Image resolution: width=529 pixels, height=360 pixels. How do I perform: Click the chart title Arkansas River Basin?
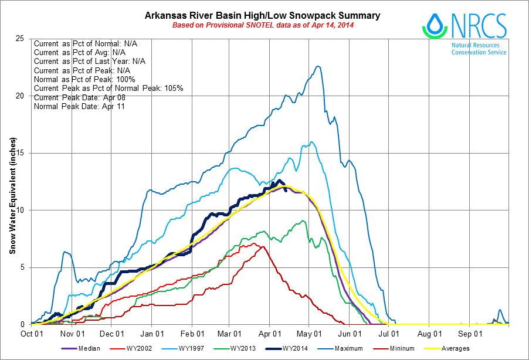262,15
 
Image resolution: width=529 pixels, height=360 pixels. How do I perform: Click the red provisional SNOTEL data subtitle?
262,25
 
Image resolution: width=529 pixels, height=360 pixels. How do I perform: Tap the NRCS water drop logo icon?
434,25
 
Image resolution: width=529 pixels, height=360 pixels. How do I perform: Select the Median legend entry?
82,348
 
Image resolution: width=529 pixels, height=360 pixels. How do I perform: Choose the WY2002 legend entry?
139,348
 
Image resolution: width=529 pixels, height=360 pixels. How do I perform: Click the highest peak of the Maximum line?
317,66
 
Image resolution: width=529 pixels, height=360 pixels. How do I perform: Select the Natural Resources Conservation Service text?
479,48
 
